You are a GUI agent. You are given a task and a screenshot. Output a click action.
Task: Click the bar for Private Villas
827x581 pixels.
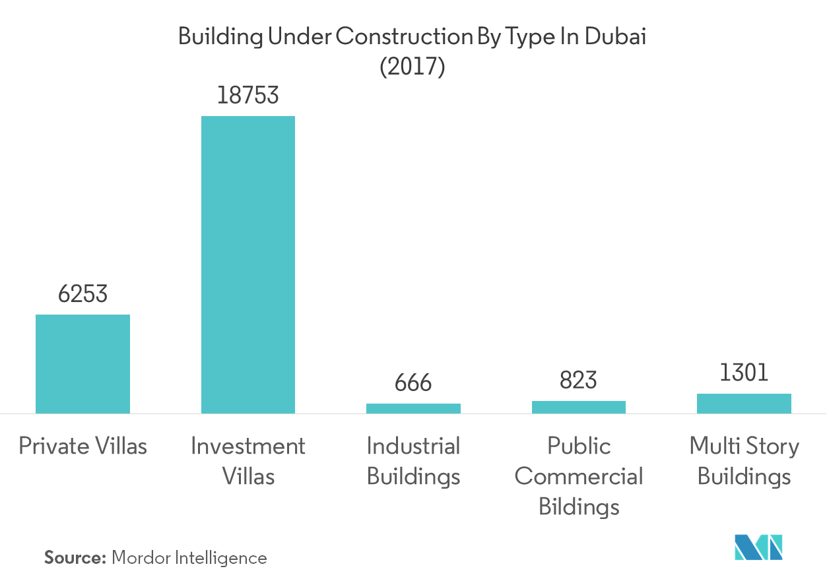pyautogui.click(x=83, y=364)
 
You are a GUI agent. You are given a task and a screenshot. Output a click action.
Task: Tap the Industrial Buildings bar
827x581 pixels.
pyautogui.click(x=413, y=409)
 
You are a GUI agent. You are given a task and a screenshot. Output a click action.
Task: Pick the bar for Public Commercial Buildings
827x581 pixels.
pyautogui.click(x=579, y=408)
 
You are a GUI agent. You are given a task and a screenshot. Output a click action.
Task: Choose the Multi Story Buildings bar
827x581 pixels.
pyautogui.click(x=744, y=404)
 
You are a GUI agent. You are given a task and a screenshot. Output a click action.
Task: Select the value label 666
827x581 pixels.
pyautogui.click(x=413, y=384)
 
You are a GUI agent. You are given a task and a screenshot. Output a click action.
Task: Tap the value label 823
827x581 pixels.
pyautogui.click(x=579, y=381)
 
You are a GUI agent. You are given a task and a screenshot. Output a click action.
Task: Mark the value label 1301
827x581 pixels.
pyautogui.click(x=744, y=374)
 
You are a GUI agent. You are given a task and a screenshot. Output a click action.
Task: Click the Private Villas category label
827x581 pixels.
pyautogui.click(x=83, y=446)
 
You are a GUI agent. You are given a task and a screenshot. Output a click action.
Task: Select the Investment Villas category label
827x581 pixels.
pyautogui.click(x=248, y=461)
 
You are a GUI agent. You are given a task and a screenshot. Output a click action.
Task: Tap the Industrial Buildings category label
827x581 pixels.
pyautogui.click(x=413, y=461)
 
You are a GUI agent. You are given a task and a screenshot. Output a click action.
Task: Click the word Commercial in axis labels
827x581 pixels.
pyautogui.click(x=579, y=477)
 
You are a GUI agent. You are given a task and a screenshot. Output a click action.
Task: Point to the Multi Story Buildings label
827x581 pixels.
pyautogui.click(x=744, y=461)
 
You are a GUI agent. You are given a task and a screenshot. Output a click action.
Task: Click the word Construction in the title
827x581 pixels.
pyautogui.click(x=402, y=38)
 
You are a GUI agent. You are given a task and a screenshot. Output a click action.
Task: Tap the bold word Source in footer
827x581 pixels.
pyautogui.click(x=75, y=558)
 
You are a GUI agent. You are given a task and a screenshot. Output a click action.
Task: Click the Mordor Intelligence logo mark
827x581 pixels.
pyautogui.click(x=759, y=550)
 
